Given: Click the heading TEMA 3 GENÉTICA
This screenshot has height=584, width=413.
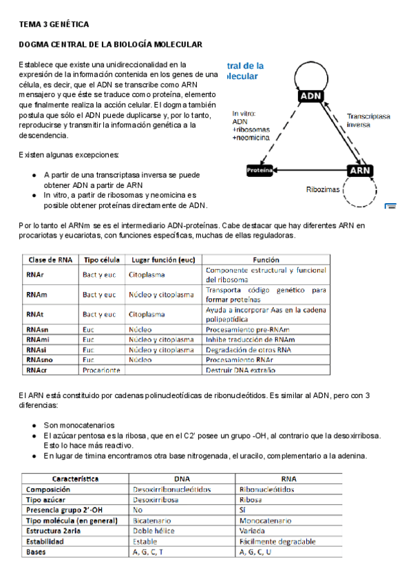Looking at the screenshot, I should coord(54,25).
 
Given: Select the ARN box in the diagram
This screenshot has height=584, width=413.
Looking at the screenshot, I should coord(361,169).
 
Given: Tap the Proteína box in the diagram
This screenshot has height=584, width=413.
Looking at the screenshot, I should coord(260,169).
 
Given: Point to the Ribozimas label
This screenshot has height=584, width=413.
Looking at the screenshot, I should coord(323,189).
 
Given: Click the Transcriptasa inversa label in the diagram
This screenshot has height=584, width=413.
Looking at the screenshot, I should coord(368,121).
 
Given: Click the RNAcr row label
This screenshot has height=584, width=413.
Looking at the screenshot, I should coord(37,370).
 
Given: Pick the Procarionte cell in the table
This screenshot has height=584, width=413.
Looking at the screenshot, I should coord(101,370).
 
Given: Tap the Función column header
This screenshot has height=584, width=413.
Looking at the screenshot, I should coord(266,260).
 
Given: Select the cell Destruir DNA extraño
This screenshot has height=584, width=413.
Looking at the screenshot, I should coord(240,370).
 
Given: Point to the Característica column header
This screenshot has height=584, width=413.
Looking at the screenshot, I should coord(76,479).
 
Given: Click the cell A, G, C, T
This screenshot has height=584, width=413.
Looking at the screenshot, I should coord(148,552).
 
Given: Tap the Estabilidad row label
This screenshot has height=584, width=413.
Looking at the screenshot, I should coord(47,542).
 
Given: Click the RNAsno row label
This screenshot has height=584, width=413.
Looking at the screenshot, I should coord(39,359).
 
